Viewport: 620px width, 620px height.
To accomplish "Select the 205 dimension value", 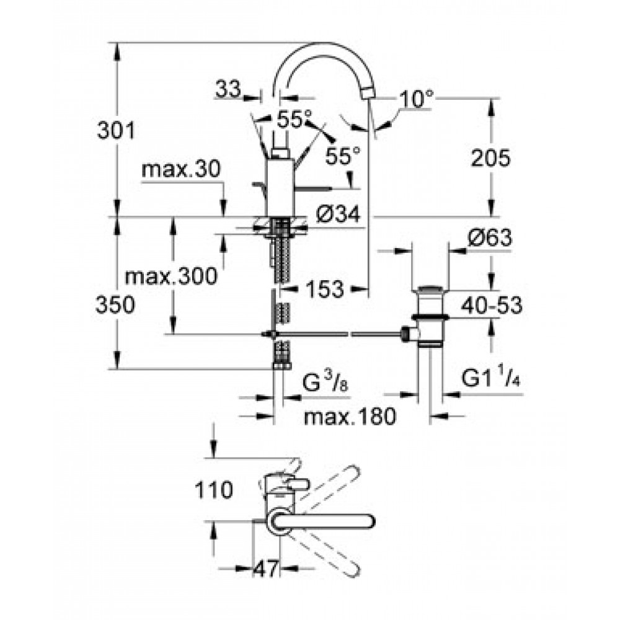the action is pyautogui.click(x=490, y=159).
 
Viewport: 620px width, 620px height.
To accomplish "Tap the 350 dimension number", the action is pyautogui.click(x=115, y=305).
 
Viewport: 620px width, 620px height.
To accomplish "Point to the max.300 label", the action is pyautogui.click(x=171, y=276).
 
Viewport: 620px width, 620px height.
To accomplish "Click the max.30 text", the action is pyautogui.click(x=180, y=170).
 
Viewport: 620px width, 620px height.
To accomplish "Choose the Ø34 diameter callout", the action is pyautogui.click(x=338, y=215).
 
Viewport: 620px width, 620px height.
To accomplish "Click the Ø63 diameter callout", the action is pyautogui.click(x=490, y=237).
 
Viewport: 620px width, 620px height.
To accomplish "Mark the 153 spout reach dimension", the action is pyautogui.click(x=325, y=289).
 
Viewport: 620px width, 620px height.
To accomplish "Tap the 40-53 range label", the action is pyautogui.click(x=492, y=305).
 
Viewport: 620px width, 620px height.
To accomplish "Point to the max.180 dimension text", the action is pyautogui.click(x=350, y=416).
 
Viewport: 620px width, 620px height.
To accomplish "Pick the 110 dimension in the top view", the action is pyautogui.click(x=213, y=490).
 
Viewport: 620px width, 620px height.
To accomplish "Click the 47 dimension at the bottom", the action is pyautogui.click(x=266, y=569).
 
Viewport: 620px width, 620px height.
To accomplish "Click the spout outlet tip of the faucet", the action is pyautogui.click(x=368, y=94).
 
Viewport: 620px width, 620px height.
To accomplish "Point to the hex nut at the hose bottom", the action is pyautogui.click(x=282, y=366).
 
